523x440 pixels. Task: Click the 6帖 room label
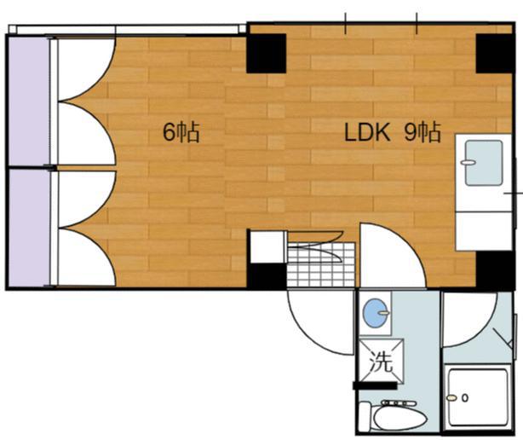click(x=181, y=132)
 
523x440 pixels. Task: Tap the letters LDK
click(x=367, y=132)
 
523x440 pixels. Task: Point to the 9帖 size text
click(x=422, y=132)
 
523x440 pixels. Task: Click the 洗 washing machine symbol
click(x=382, y=362)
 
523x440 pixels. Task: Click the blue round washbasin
click(x=376, y=312)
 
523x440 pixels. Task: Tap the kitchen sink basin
click(x=484, y=163)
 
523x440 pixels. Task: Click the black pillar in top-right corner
click(x=495, y=54)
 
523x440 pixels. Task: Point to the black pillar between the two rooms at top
click(x=266, y=54)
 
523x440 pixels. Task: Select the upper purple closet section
click(x=29, y=101)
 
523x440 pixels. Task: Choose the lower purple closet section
click(x=29, y=229)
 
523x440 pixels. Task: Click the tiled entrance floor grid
click(x=321, y=265)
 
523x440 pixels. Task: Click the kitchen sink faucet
click(x=468, y=163)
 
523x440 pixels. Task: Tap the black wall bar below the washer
click(x=375, y=386)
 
